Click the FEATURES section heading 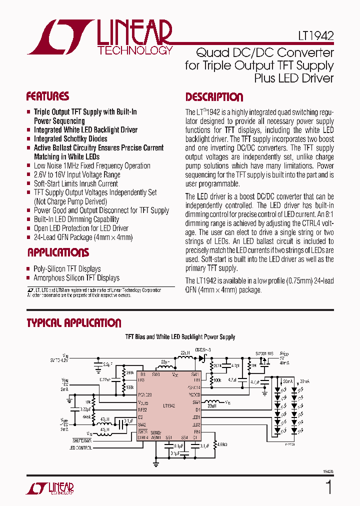(47, 96)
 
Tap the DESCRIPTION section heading (214, 97)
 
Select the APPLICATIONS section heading (58, 252)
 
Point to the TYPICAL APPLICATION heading (74, 323)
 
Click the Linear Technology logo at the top (100, 37)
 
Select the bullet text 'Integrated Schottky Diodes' (70, 138)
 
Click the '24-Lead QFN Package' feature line (83, 237)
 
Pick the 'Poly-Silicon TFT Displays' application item (67, 269)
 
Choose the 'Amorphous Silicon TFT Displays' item (76, 278)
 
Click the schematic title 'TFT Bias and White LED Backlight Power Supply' (180, 337)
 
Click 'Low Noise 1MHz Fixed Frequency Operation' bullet (92, 165)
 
